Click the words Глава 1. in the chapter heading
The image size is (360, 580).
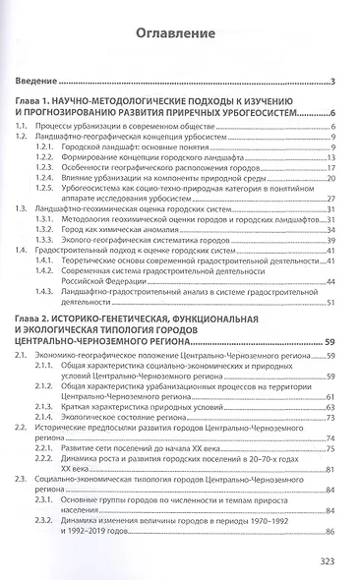pyautogui.click(x=40, y=102)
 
